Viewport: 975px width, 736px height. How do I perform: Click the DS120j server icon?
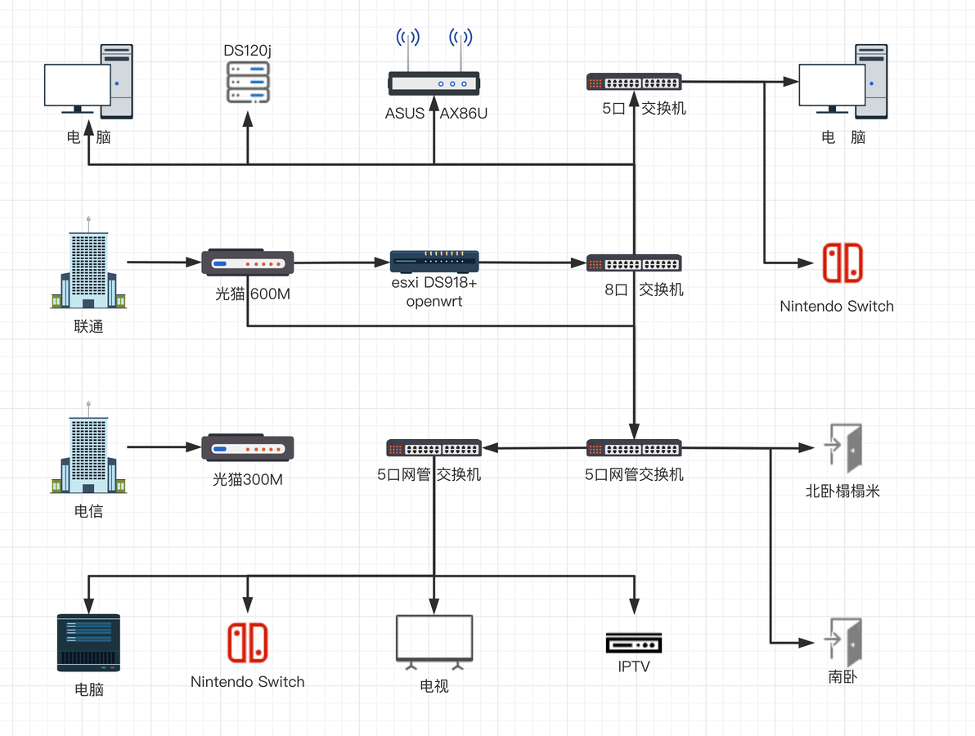tap(248, 82)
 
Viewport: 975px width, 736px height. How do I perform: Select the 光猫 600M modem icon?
tap(248, 263)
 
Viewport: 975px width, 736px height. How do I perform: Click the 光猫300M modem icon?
tap(248, 447)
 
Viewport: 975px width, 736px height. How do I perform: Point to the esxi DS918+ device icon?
tap(434, 262)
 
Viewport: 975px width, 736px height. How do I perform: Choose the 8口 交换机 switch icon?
tap(634, 263)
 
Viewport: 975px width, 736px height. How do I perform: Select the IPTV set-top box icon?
tap(634, 644)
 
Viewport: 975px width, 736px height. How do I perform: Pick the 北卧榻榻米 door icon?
tap(844, 447)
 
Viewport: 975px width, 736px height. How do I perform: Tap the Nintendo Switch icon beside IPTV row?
tap(248, 642)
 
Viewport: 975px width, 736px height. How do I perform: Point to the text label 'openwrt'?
tap(434, 302)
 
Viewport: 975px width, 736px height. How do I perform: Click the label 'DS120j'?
tap(248, 51)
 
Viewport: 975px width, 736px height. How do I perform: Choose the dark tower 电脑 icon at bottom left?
tap(88, 643)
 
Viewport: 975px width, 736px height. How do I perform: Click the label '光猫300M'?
tap(248, 479)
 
